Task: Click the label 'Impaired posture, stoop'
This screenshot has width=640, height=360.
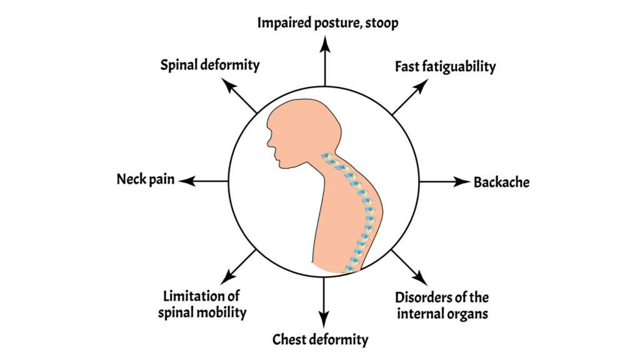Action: click(328, 23)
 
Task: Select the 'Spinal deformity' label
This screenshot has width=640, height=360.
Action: click(209, 65)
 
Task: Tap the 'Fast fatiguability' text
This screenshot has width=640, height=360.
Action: click(445, 66)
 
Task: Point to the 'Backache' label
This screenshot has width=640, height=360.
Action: click(501, 182)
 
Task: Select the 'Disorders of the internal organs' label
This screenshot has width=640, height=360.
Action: click(442, 305)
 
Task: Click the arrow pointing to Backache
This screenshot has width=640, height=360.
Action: click(444, 182)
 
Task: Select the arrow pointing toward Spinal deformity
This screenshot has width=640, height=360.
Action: click(241, 97)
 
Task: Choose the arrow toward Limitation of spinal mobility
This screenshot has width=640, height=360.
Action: click(239, 265)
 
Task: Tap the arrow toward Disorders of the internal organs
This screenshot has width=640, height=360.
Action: click(409, 266)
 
